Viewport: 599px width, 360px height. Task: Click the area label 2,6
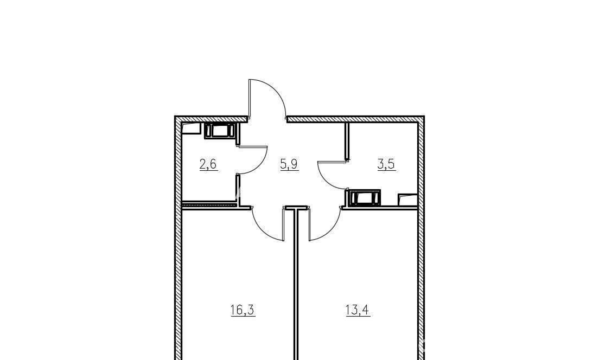pos(208,164)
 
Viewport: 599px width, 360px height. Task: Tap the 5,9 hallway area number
pos(289,164)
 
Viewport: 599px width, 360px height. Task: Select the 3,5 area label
pos(386,164)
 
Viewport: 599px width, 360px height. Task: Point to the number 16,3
pos(243,310)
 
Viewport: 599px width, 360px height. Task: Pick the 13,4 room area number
pos(358,310)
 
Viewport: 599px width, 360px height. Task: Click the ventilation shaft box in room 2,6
pos(220,131)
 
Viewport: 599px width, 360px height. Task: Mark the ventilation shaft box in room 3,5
pos(364,198)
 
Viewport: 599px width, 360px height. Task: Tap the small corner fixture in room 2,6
pos(192,128)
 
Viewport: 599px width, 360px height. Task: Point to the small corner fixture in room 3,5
pos(407,200)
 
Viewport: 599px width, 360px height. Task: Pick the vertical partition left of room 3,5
pos(347,142)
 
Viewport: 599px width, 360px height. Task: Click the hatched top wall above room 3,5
pos(355,119)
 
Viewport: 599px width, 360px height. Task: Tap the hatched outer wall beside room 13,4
pos(420,282)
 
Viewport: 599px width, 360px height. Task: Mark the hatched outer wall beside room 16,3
pos(178,282)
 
